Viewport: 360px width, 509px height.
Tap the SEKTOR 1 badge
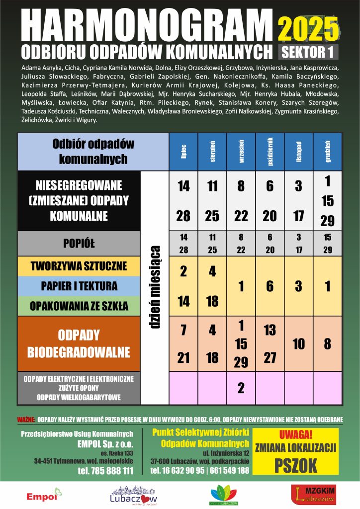(308, 51)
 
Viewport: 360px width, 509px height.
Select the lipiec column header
(183, 152)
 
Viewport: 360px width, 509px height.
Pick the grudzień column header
(328, 152)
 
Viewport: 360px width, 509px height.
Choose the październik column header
(270, 152)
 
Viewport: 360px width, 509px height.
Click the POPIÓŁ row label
(79, 243)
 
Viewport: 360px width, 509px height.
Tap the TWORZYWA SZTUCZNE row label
(79, 265)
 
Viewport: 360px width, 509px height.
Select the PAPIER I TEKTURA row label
(79, 286)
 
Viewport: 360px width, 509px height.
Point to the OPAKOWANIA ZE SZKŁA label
(79, 306)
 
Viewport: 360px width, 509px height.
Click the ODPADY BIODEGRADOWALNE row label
(79, 343)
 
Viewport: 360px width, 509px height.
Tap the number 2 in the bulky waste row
(241, 387)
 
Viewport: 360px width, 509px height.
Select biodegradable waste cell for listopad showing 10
(299, 343)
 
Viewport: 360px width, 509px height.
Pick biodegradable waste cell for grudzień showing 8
(328, 343)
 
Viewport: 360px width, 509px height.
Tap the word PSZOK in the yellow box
(295, 465)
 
